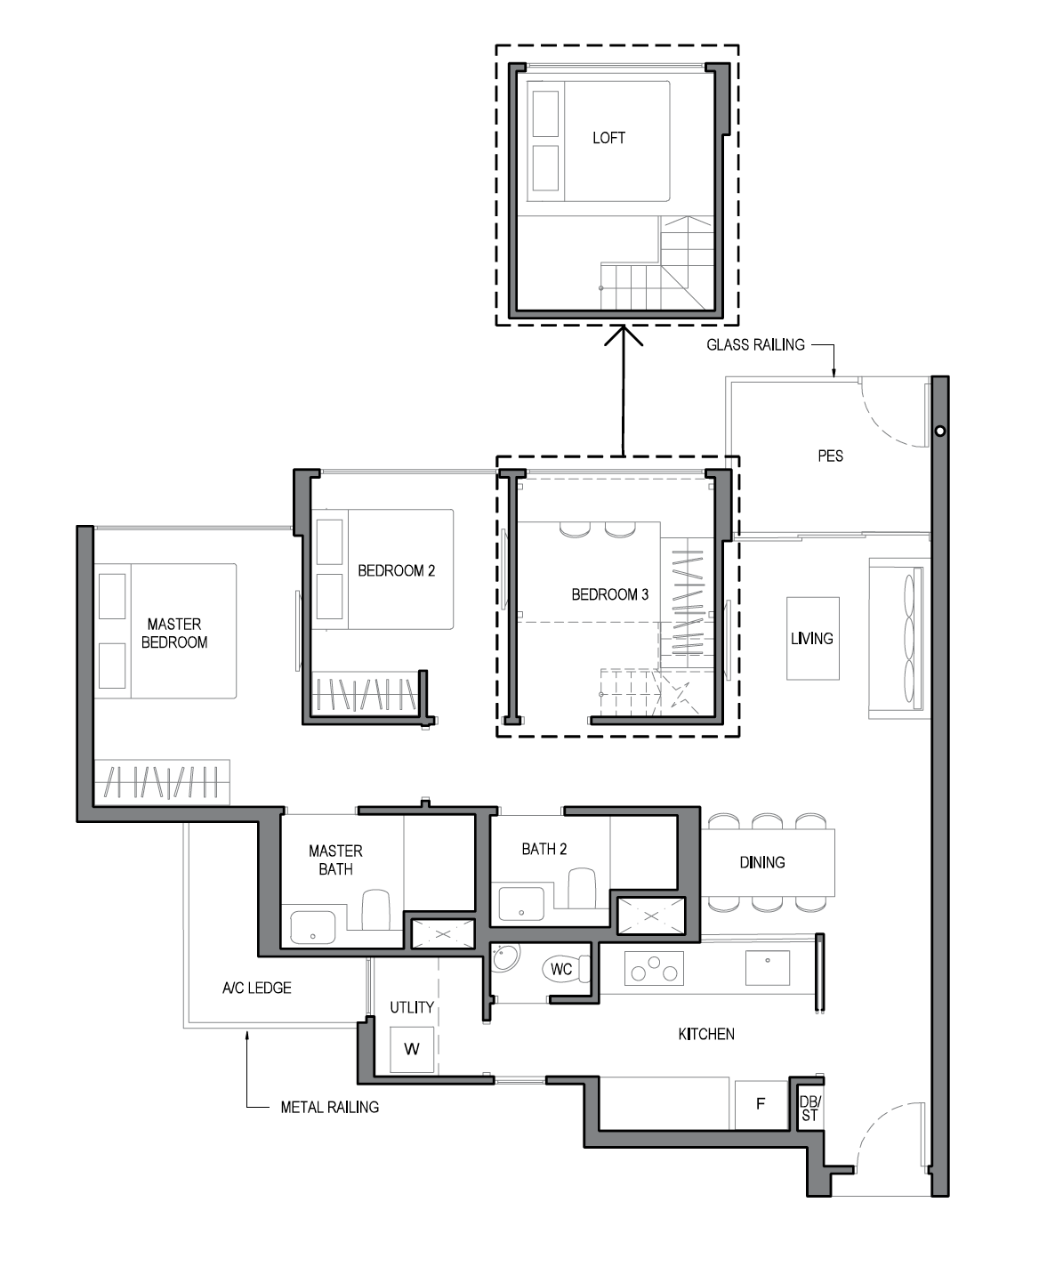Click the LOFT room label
608,138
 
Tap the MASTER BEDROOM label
174,633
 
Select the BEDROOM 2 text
397,570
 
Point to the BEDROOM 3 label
610,594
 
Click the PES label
831,456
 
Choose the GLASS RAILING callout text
755,345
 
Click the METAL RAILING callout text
329,1107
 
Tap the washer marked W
412,1049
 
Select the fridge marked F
761,1103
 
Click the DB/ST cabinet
810,1109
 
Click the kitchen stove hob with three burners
655,969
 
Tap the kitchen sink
768,967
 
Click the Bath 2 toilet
582,888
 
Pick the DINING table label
762,862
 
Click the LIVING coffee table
813,638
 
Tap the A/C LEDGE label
256,988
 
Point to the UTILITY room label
412,1007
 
